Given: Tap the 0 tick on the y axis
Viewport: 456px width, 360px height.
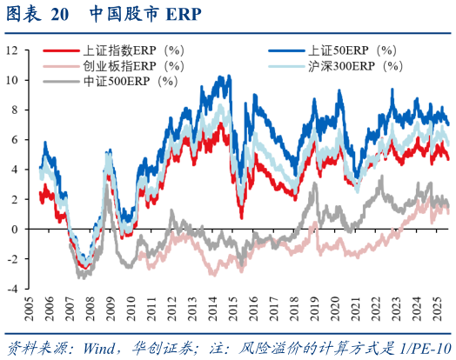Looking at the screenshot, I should tap(14, 230).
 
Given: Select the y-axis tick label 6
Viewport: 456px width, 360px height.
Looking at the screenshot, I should tap(14, 140).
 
